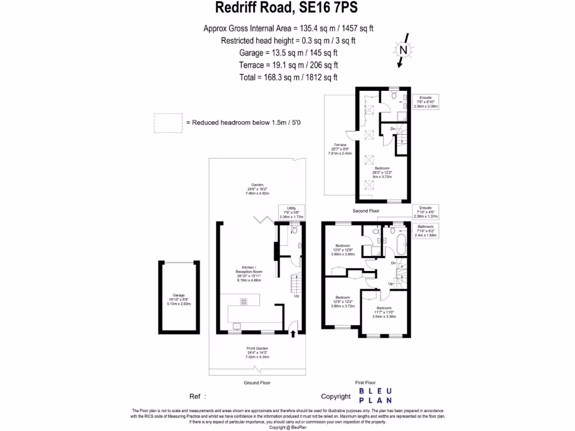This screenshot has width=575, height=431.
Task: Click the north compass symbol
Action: pos(403,50)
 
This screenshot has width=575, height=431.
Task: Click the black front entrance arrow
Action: pos(293,334)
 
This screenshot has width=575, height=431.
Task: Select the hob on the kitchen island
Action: pos(244,302)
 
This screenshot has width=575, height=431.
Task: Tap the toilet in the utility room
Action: pos(294,230)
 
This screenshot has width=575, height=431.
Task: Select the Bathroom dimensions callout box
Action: pos(427,232)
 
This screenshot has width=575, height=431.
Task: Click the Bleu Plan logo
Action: pos(376,396)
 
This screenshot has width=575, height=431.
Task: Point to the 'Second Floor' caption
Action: pos(366,211)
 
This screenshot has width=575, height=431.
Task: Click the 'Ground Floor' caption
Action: pos(257,382)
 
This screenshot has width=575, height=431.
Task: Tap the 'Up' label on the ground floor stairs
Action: pos(296,296)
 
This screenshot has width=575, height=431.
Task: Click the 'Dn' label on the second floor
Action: pos(393,129)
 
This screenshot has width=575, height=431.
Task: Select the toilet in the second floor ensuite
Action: pos(394,97)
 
